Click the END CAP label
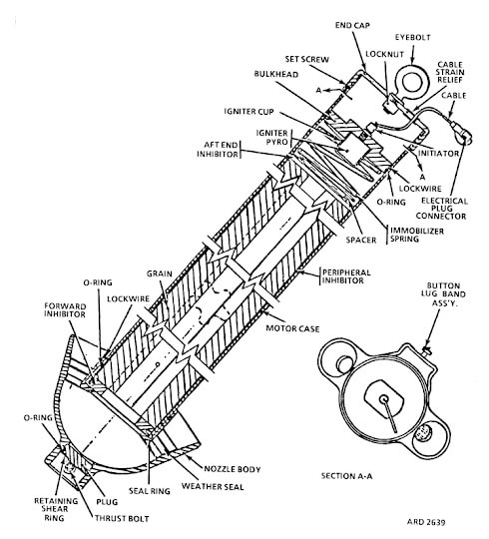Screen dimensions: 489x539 point(352,25)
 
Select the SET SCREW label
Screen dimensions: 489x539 point(306,60)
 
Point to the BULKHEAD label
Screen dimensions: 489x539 point(276,74)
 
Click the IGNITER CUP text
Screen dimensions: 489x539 point(249,112)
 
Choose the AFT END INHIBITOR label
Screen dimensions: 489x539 point(218,150)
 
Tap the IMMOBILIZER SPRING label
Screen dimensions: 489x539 point(417,235)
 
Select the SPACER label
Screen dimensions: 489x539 point(361,240)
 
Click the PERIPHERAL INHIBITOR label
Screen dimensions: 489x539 point(346,276)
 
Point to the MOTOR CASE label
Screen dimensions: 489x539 point(292,328)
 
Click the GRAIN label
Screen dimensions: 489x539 point(160,273)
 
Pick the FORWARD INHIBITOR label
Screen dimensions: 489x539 point(65,310)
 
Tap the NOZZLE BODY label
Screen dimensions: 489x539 point(233,469)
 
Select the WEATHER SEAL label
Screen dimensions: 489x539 point(213,486)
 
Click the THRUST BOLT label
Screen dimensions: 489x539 point(122,518)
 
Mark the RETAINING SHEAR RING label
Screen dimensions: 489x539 point(56,509)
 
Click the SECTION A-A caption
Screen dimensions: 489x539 point(346,476)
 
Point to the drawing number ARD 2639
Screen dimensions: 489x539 point(426,522)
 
